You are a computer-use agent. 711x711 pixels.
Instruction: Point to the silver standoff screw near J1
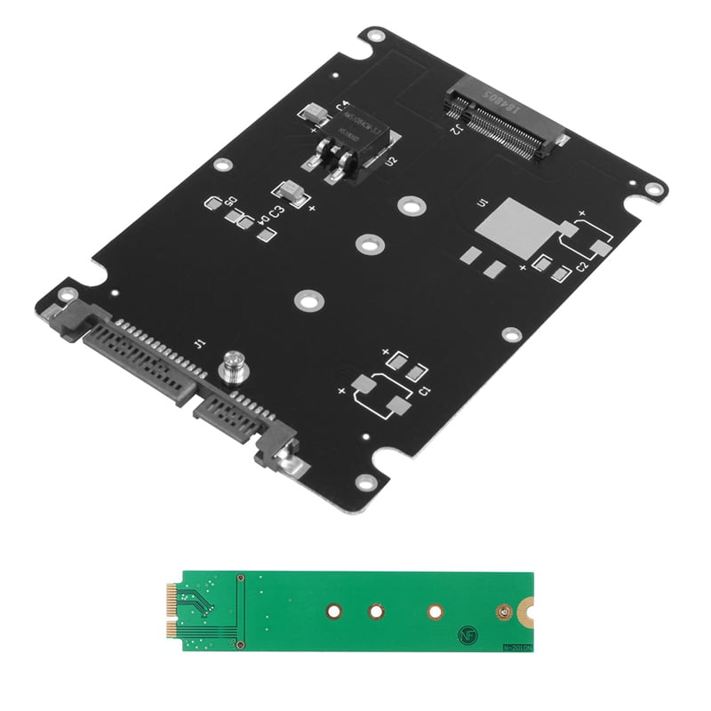(233, 364)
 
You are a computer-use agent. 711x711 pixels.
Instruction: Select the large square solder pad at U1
(515, 226)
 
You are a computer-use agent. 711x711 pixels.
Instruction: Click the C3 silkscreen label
(276, 212)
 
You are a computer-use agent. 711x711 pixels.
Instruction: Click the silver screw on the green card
(505, 611)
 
